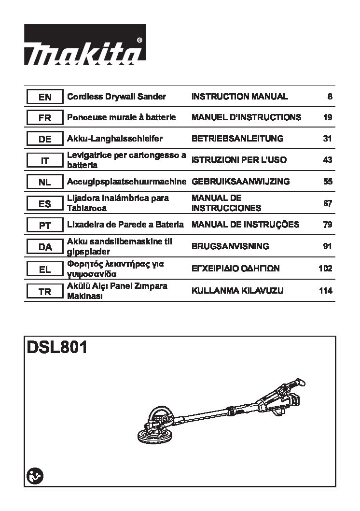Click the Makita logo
(85, 44)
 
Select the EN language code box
(45, 97)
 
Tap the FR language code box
(45, 117)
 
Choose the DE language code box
(45, 139)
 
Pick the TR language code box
(45, 291)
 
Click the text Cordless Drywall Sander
(116, 97)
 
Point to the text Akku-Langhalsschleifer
(114, 139)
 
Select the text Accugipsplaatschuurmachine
(126, 182)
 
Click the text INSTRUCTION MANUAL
(239, 97)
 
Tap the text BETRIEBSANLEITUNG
(237, 139)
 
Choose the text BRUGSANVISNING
(230, 246)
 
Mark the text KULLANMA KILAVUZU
(237, 290)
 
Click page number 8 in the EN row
(330, 97)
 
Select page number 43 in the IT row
(328, 160)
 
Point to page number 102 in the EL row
(326, 268)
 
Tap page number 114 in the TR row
(326, 290)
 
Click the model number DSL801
(57, 347)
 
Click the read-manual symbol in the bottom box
(35, 476)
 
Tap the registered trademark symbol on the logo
(139, 40)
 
